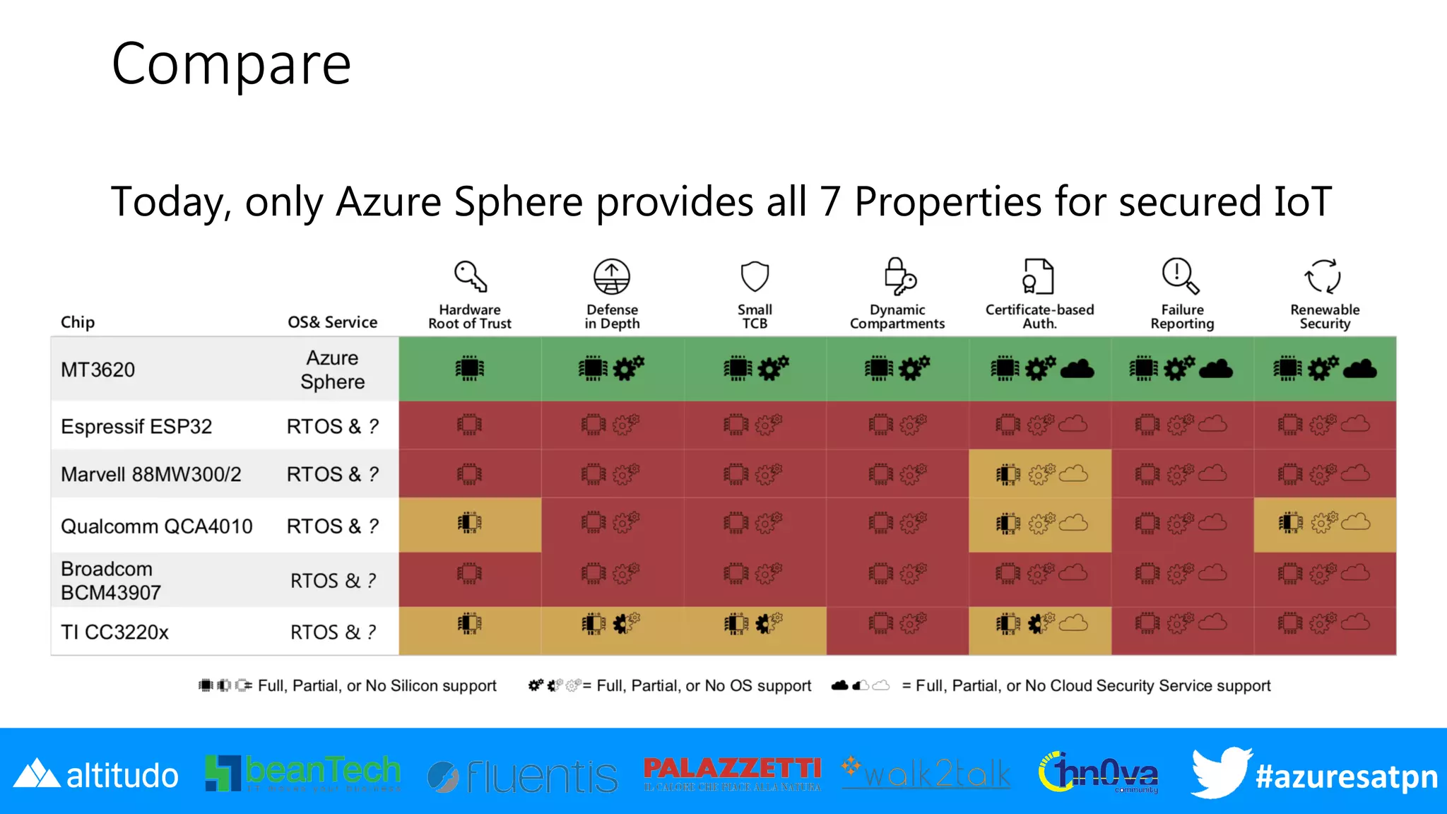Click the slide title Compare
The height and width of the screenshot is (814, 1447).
pyautogui.click(x=231, y=64)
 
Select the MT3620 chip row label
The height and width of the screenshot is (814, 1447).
pyautogui.click(x=98, y=370)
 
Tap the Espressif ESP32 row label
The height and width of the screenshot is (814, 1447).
pyautogui.click(x=136, y=427)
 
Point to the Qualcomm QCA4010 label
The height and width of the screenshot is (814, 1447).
pyautogui.click(x=156, y=526)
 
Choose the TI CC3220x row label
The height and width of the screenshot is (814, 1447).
pyautogui.click(x=114, y=632)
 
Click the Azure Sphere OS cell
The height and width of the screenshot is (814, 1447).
pyautogui.click(x=332, y=370)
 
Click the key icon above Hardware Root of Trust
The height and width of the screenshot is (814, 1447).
pyautogui.click(x=470, y=276)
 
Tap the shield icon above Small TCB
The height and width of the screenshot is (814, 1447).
pyautogui.click(x=755, y=276)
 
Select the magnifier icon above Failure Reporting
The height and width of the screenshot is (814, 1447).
pyautogui.click(x=1181, y=276)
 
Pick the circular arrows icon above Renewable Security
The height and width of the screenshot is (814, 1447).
pyautogui.click(x=1323, y=276)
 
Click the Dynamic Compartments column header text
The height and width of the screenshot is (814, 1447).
pyautogui.click(x=897, y=317)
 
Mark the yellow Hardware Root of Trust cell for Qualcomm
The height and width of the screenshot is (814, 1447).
pyautogui.click(x=470, y=525)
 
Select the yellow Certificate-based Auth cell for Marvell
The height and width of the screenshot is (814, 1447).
pyautogui.click(x=1039, y=473)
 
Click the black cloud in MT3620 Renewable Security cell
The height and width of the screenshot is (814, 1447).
pyautogui.click(x=1359, y=369)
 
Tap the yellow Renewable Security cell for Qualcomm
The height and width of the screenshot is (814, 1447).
pyautogui.click(x=1325, y=525)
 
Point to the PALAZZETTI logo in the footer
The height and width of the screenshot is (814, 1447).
pyautogui.click(x=732, y=773)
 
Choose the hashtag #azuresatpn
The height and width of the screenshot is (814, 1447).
pyautogui.click(x=1346, y=777)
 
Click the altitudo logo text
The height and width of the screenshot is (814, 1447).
pyautogui.click(x=122, y=776)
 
